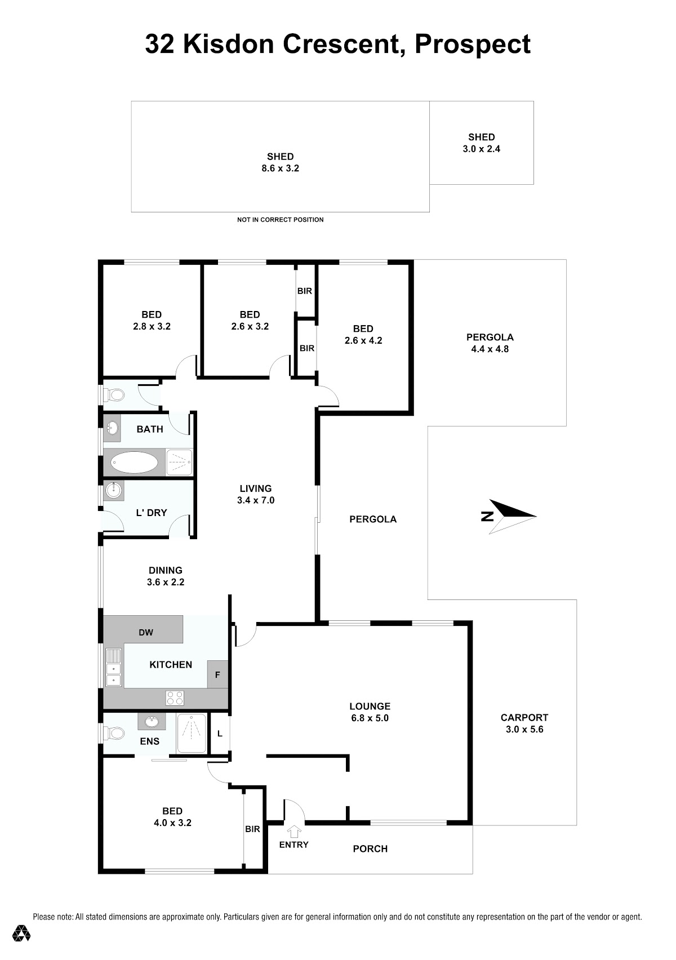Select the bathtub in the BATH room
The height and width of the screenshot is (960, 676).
[134, 462]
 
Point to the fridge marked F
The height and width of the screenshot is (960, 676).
[217, 674]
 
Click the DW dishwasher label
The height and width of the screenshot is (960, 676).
[146, 632]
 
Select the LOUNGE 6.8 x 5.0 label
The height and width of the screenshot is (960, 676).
[370, 712]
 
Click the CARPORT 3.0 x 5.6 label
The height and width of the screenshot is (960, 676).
[524, 723]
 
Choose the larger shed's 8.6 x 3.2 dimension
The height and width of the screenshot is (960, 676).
[281, 168]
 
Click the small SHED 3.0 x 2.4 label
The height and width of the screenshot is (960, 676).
[482, 143]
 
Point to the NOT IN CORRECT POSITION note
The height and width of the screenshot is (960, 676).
[281, 220]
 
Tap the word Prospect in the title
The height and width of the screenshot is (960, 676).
[473, 45]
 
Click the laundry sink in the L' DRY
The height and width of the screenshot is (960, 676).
[114, 490]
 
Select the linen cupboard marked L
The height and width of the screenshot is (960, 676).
[220, 734]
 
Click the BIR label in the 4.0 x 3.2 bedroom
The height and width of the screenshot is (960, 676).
[252, 829]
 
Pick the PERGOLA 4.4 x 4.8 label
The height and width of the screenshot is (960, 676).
[490, 343]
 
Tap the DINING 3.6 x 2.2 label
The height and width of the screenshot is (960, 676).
[166, 576]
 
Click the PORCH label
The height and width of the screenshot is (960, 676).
[370, 848]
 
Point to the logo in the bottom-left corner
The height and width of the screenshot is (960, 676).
[21, 932]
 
